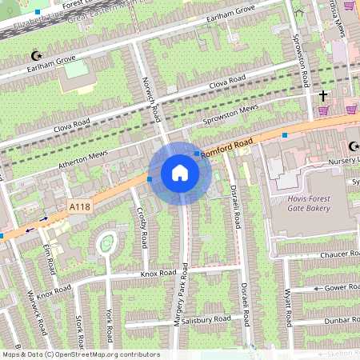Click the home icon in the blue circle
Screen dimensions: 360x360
pyautogui.click(x=180, y=173)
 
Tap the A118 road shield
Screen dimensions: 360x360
pyautogui.click(x=79, y=207)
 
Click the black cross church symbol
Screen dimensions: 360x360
pyautogui.click(x=323, y=97)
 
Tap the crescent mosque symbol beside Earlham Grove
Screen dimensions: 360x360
pyautogui.click(x=34, y=55)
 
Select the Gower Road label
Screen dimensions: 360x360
pyautogui.click(x=340, y=287)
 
